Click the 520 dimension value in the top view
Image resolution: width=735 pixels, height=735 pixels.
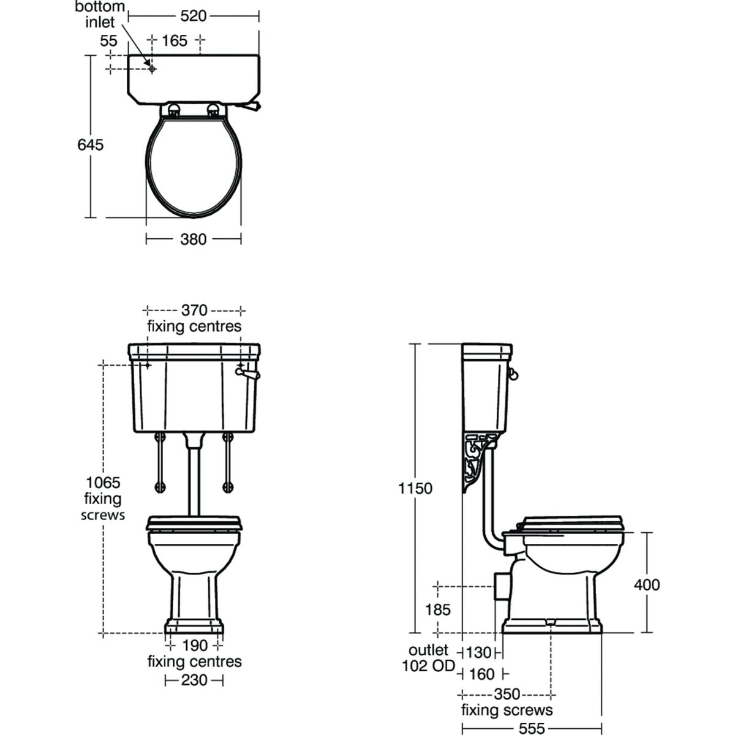pyautogui.click(x=193, y=16)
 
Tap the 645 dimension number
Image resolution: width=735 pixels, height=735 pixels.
pyautogui.click(x=91, y=145)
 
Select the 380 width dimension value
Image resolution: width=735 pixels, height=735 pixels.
pyautogui.click(x=193, y=239)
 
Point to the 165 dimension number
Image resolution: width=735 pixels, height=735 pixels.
pyautogui.click(x=175, y=41)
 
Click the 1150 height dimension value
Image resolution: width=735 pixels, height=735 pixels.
pyautogui.click(x=415, y=488)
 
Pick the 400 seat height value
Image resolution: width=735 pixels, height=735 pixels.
pyautogui.click(x=647, y=584)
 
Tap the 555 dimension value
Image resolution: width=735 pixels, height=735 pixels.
pyautogui.click(x=532, y=728)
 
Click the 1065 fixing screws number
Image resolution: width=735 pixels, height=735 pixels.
pyautogui.click(x=103, y=483)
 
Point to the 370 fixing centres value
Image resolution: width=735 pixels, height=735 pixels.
pyautogui.click(x=194, y=310)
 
